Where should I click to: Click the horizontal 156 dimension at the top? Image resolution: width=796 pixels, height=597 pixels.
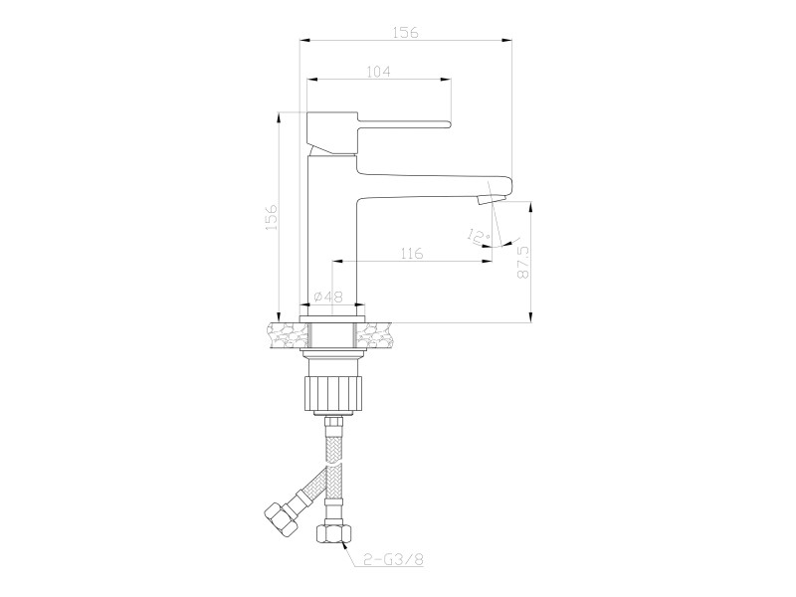pos(406,33)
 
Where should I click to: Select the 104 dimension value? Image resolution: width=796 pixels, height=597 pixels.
pos(378,72)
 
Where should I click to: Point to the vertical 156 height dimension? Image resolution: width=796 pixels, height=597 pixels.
pos(272,217)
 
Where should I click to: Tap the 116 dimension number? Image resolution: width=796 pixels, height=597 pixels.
pos(411,253)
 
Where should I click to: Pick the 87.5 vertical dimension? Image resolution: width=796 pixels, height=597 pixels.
pos(523,262)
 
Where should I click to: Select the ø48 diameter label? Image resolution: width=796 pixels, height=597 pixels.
pos(328,297)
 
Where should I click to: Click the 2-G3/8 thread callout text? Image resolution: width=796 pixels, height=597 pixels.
pos(394,559)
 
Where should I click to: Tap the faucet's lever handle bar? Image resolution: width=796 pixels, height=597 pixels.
pos(404,123)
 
